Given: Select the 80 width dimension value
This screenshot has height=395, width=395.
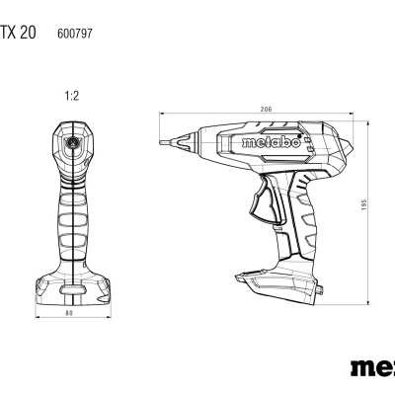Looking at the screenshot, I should [70, 316].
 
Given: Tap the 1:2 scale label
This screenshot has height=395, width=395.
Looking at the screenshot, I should [70, 96].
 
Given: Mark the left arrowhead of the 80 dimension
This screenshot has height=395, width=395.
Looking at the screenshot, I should [36, 320].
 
